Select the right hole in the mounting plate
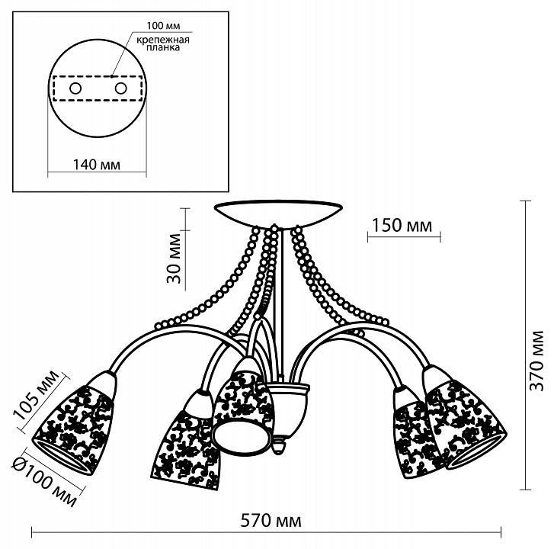tap(120, 89)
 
